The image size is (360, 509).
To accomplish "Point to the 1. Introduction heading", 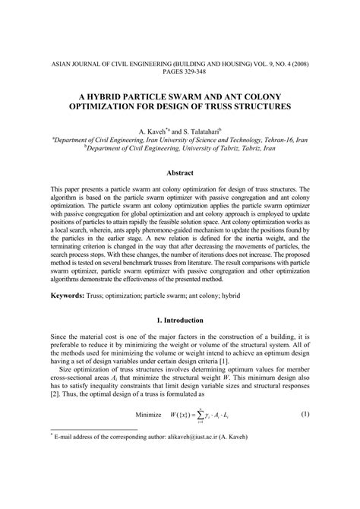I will (179, 321).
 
